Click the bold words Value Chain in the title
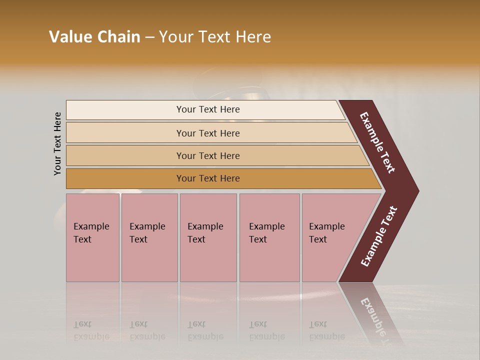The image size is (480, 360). tap(94, 37)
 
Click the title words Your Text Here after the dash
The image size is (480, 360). tap(215, 37)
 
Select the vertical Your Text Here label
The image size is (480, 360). tap(57, 143)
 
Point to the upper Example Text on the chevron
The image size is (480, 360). tap(377, 142)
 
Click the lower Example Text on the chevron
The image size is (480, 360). tap(379, 236)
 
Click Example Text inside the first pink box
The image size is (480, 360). tap(91, 233)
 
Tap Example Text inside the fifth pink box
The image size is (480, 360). tap(326, 233)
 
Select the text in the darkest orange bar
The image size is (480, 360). tap(208, 178)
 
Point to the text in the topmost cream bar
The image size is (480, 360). tap(208, 109)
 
